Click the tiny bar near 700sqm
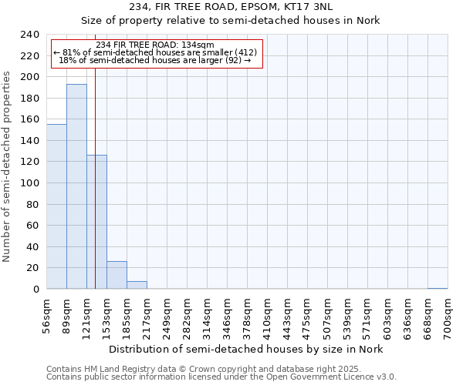coord(438,288)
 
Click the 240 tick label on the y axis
coord(30,35)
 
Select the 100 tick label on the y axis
coord(30,183)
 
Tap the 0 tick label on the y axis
coord(36,290)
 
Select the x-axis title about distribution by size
coord(245,349)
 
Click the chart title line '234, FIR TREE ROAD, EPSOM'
coord(231,7)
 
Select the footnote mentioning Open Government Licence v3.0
coord(221,377)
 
